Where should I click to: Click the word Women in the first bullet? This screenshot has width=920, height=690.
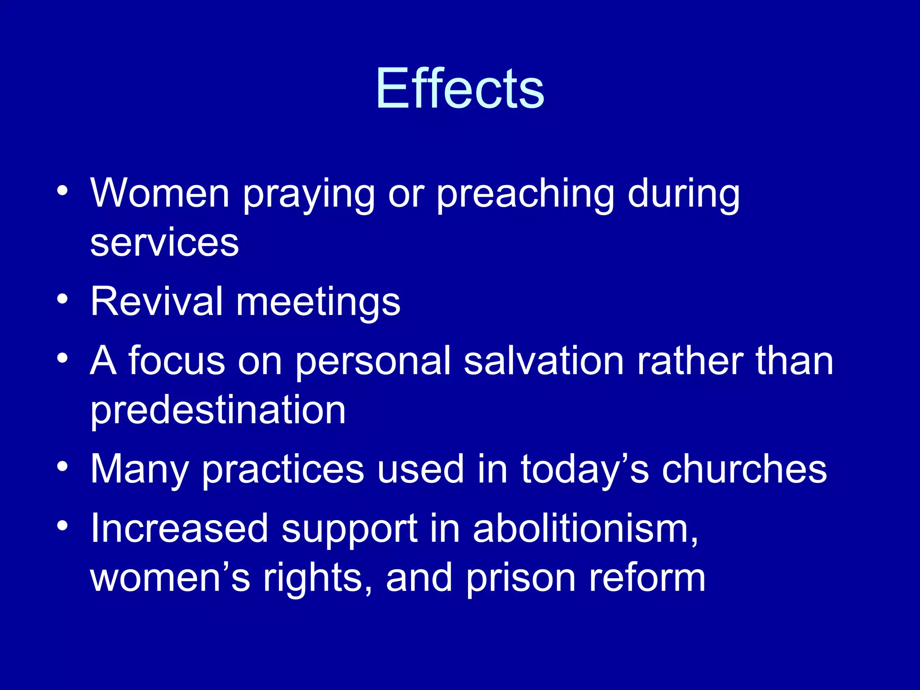[160, 194]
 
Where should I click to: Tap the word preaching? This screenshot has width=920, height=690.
[525, 194]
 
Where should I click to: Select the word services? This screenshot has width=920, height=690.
[164, 243]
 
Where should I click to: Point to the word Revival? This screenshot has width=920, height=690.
[157, 301]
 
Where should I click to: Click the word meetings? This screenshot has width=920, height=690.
[318, 302]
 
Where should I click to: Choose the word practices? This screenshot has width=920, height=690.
[283, 469]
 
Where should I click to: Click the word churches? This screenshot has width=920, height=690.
[744, 469]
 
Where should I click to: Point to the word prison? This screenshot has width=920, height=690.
[521, 579]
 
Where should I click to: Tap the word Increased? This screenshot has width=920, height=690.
[179, 529]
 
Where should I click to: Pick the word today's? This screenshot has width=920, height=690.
[584, 469]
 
